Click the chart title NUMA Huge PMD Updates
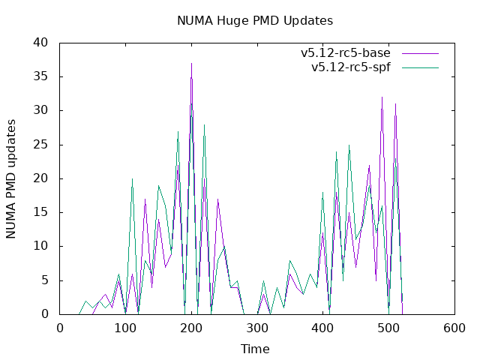(x=254, y=20)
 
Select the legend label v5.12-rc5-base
(x=346, y=53)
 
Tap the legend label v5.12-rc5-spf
(x=351, y=67)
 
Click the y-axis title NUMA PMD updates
(x=11, y=178)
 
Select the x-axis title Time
(x=254, y=349)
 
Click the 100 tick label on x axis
(x=126, y=328)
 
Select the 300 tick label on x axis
(x=257, y=328)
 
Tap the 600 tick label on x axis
(x=454, y=328)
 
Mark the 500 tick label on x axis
(x=388, y=328)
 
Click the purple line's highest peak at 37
(x=191, y=64)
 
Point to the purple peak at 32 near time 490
(x=382, y=97)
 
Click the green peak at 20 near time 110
(x=132, y=178)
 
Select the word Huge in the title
(x=229, y=20)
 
